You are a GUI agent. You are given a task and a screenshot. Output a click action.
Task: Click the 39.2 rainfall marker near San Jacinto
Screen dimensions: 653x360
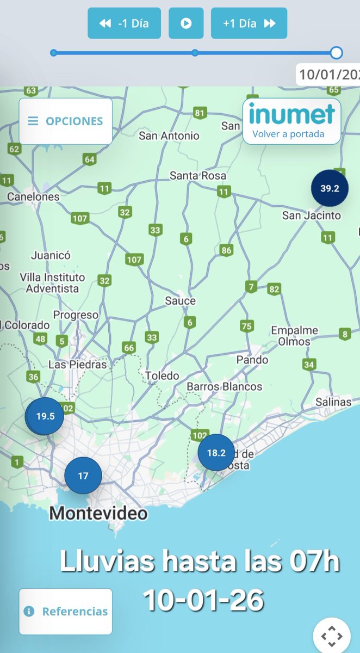330,188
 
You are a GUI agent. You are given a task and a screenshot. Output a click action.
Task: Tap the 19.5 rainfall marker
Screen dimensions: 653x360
45,416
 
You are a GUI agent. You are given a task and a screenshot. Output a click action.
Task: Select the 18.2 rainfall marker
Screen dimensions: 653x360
216,452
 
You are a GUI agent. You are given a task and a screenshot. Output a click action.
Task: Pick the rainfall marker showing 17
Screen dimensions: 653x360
83,476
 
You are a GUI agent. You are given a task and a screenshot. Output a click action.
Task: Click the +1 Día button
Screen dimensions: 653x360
249,23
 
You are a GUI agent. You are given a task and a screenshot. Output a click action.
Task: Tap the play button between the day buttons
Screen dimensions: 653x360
186,23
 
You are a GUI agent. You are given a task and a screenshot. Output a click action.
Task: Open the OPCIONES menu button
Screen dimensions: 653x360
66,121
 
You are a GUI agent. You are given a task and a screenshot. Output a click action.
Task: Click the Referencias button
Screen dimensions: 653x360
66,611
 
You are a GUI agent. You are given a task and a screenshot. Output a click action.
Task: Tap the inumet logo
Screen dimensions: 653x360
291,114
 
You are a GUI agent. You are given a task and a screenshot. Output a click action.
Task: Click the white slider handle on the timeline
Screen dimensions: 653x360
337,53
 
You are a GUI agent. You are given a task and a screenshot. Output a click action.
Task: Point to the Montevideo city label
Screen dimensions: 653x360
98,513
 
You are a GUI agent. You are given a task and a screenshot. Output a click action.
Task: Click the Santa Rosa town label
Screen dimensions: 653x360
197,176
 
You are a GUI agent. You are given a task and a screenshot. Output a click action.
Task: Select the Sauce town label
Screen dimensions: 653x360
181,300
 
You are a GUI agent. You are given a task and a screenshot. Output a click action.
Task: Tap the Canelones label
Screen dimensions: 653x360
33,196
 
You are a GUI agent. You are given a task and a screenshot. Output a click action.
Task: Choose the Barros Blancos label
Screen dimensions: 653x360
224,387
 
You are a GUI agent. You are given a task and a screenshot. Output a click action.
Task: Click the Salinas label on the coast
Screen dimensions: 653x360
334,402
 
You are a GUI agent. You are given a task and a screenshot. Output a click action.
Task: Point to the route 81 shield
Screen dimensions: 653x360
200,113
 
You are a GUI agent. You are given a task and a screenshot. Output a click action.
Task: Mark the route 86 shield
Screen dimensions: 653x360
227,250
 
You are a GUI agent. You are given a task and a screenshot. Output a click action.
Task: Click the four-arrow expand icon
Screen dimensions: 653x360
332,636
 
